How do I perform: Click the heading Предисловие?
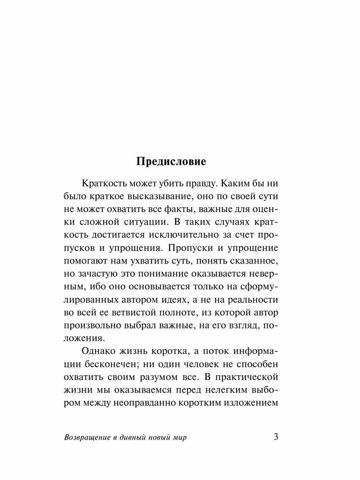pyautogui.click(x=171, y=161)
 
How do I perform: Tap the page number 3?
pyautogui.click(x=276, y=436)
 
